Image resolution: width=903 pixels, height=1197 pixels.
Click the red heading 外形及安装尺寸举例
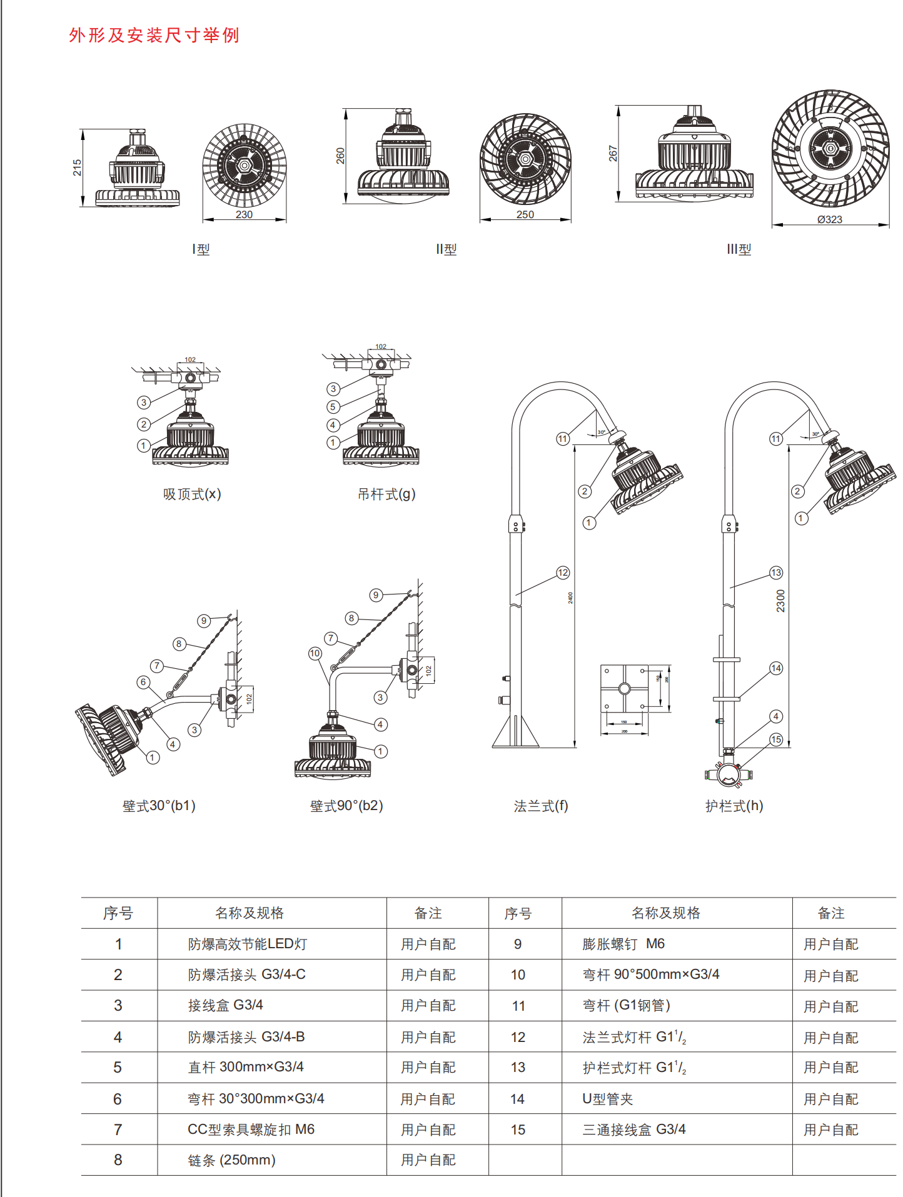[x=154, y=36]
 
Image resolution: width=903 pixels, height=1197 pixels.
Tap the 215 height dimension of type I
[x=78, y=168]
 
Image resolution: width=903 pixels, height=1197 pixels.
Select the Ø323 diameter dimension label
[x=830, y=219]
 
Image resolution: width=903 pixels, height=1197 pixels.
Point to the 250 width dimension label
[x=525, y=214]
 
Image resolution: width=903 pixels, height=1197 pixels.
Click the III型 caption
[x=739, y=249]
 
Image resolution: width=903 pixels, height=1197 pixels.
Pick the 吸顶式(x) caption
[x=192, y=494]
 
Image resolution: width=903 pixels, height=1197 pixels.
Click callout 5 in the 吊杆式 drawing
[x=333, y=407]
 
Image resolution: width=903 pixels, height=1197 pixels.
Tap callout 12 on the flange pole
[x=563, y=573]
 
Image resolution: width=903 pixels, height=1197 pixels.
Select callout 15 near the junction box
[x=776, y=739]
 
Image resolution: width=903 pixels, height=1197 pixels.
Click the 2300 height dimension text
[x=780, y=601]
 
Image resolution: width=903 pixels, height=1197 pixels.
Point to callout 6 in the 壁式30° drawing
[x=144, y=682]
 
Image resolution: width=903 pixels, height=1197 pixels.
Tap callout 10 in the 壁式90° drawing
[x=315, y=653]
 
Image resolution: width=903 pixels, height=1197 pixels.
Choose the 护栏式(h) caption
[x=734, y=806]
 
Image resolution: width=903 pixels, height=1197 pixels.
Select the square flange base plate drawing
[x=624, y=689]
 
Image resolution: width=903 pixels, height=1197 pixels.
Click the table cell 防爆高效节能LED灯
[x=248, y=944]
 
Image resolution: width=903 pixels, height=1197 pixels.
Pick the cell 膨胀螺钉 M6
[x=623, y=944]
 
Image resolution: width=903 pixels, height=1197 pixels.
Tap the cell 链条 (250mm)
[x=231, y=1160]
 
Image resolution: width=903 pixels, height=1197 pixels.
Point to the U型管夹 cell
[x=608, y=1099]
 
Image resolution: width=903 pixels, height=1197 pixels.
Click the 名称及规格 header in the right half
[x=666, y=913]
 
